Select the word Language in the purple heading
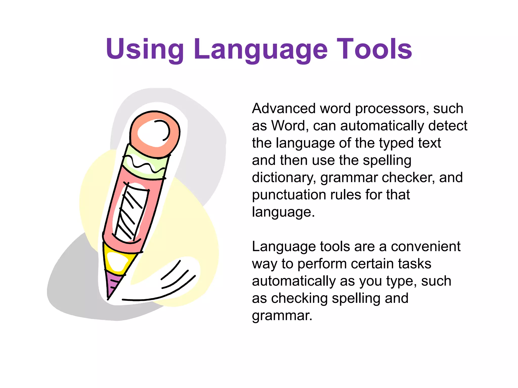pyautogui.click(x=261, y=49)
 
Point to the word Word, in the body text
pyautogui.click(x=290, y=126)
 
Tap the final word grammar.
pyautogui.click(x=282, y=316)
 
